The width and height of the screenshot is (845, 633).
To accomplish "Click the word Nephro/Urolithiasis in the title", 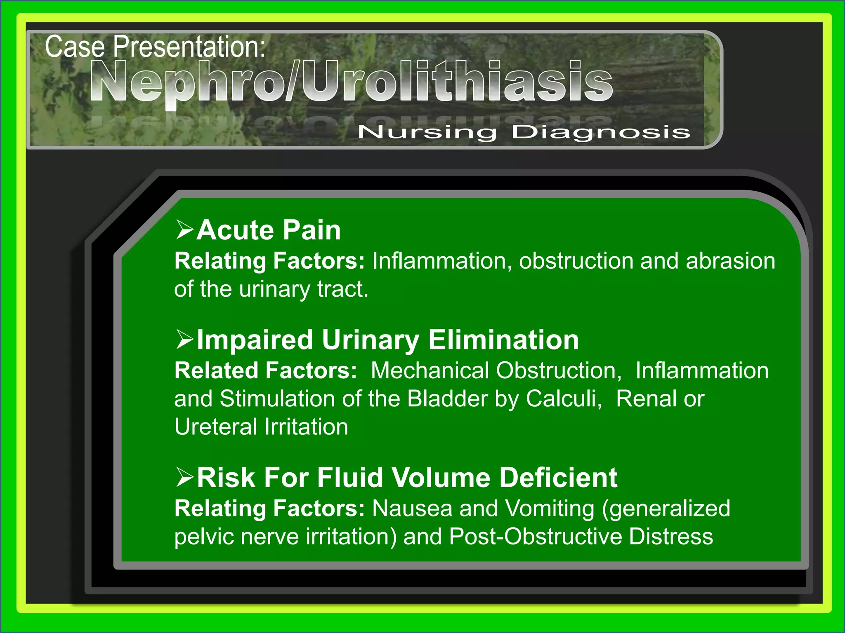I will point(351,81).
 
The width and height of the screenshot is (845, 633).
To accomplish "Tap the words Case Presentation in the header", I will point(155,47).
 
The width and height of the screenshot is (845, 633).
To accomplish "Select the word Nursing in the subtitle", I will point(427,132).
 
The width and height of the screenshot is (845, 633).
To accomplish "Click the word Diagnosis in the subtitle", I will point(601,132).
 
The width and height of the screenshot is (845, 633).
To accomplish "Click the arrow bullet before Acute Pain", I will point(184,230).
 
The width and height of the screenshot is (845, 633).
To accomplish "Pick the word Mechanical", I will point(430,370).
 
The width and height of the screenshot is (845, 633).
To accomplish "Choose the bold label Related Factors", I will point(265,370).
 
